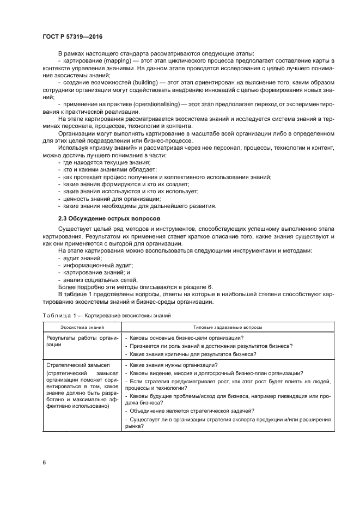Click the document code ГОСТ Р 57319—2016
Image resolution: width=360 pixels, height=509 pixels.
pos(72,36)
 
